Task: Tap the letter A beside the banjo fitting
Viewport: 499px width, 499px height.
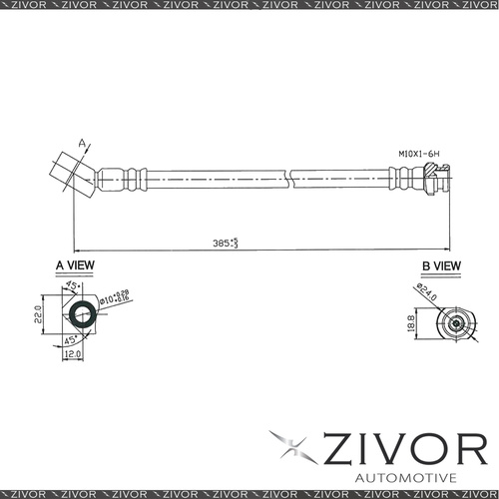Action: coord(70,144)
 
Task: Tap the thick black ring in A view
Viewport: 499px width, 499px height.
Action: coord(82,315)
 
